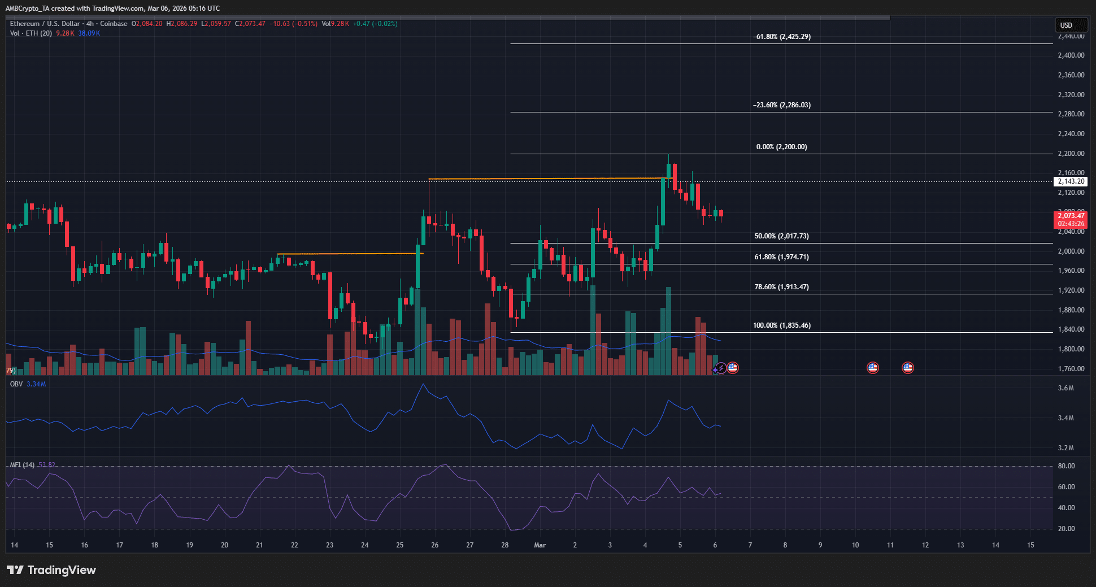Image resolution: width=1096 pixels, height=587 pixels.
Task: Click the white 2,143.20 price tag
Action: coord(1071,181)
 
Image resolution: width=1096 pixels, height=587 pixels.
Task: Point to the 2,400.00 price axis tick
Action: coord(1071,55)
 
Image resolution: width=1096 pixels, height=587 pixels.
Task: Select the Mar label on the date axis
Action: coord(540,545)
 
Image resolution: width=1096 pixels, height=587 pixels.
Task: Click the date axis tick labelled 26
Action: coord(434,545)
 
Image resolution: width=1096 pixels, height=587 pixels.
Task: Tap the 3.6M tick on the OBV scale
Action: coord(1065,388)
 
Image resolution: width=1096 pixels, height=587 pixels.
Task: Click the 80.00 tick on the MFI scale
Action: coord(1066,466)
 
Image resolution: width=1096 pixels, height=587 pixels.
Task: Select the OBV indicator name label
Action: coord(16,384)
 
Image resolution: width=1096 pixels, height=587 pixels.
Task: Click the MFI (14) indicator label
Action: coord(22,465)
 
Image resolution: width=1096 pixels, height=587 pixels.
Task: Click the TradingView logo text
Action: coord(61,570)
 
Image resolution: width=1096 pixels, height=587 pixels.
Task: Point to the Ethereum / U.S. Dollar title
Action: coord(45,24)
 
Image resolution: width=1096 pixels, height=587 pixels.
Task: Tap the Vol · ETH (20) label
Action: coord(31,33)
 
